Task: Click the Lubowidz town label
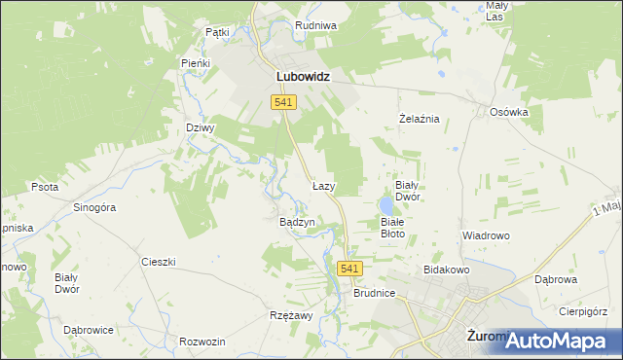pos(303,75)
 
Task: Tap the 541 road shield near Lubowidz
pos(284,102)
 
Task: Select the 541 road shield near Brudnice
pos(351,269)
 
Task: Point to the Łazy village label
pos(324,185)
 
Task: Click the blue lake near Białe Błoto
pos(387,205)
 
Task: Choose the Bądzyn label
pos(298,222)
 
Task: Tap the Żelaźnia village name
pos(421,119)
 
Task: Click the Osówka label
pos(508,112)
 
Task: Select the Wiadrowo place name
pos(486,236)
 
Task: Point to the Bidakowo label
pos(447,269)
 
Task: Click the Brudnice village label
pos(374,292)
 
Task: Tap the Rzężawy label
pos(290,316)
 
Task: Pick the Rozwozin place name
pos(202,342)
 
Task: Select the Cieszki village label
pos(158,262)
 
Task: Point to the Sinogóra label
pos(95,207)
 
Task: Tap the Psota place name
pos(45,187)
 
